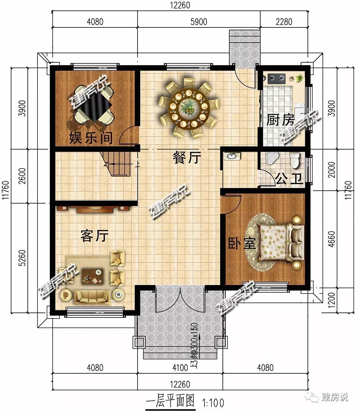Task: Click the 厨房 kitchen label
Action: click(280, 120)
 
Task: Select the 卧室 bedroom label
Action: click(242, 244)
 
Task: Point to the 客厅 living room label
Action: click(94, 236)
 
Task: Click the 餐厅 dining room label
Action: click(186, 158)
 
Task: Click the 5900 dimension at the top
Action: click(199, 22)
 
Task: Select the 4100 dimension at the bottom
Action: click(180, 368)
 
